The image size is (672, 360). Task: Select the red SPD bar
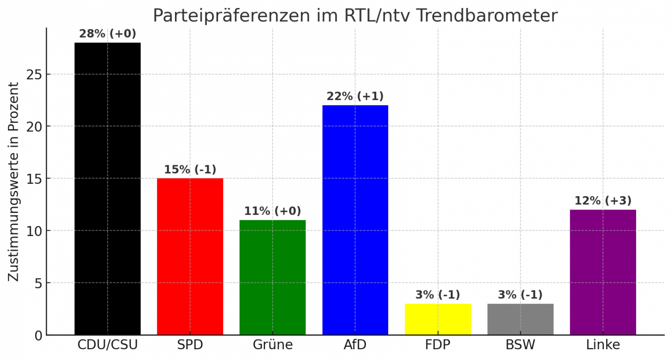coord(190,256)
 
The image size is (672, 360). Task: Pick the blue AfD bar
coord(355,220)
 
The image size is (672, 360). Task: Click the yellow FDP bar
coord(438,319)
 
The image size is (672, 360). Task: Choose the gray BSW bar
coord(520,319)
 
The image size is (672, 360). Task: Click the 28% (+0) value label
coord(107,34)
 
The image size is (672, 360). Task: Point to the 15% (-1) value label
coord(190,169)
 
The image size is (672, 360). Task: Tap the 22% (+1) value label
coord(355,97)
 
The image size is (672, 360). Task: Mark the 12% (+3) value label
coord(603,201)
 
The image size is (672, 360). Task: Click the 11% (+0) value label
coord(273,211)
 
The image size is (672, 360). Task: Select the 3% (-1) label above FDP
coord(438,295)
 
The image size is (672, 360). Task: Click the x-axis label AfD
coord(355,346)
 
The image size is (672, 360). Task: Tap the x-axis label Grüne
coord(273,346)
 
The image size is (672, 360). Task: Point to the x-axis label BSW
coord(520,346)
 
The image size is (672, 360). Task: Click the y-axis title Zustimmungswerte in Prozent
coord(14,182)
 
